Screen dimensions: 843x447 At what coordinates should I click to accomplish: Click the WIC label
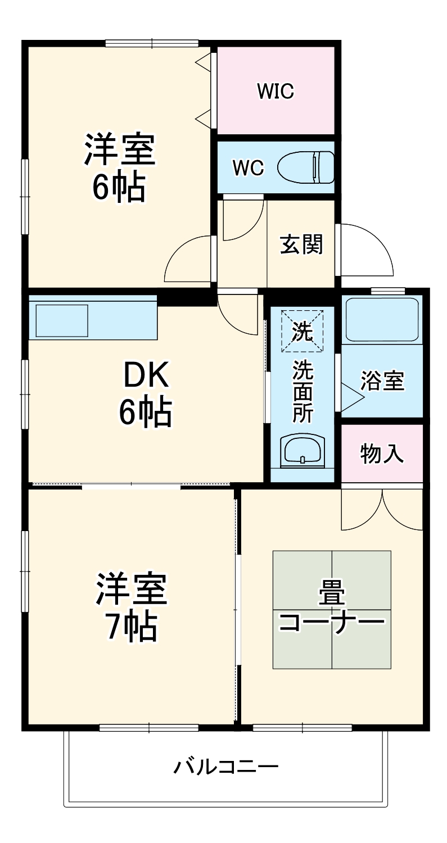(x=276, y=91)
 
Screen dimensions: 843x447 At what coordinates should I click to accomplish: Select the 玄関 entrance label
(x=301, y=244)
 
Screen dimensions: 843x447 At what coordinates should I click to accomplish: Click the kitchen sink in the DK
(x=62, y=321)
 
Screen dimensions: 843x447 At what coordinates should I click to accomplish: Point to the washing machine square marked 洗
(x=302, y=330)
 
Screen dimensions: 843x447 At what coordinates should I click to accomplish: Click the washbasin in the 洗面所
(x=302, y=450)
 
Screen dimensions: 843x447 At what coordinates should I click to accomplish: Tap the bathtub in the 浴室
(x=382, y=319)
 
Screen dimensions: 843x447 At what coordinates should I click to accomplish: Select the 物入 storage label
(x=382, y=454)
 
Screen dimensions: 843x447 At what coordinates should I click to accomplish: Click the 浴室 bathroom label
(x=382, y=381)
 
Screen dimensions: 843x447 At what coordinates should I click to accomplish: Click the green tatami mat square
(x=332, y=610)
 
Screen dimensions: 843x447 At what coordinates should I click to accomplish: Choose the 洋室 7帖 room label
(x=132, y=607)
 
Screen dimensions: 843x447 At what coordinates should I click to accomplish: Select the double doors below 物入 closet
(x=382, y=509)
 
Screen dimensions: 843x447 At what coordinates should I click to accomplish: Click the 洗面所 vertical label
(x=302, y=392)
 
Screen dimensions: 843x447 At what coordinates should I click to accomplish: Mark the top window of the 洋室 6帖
(x=152, y=43)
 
